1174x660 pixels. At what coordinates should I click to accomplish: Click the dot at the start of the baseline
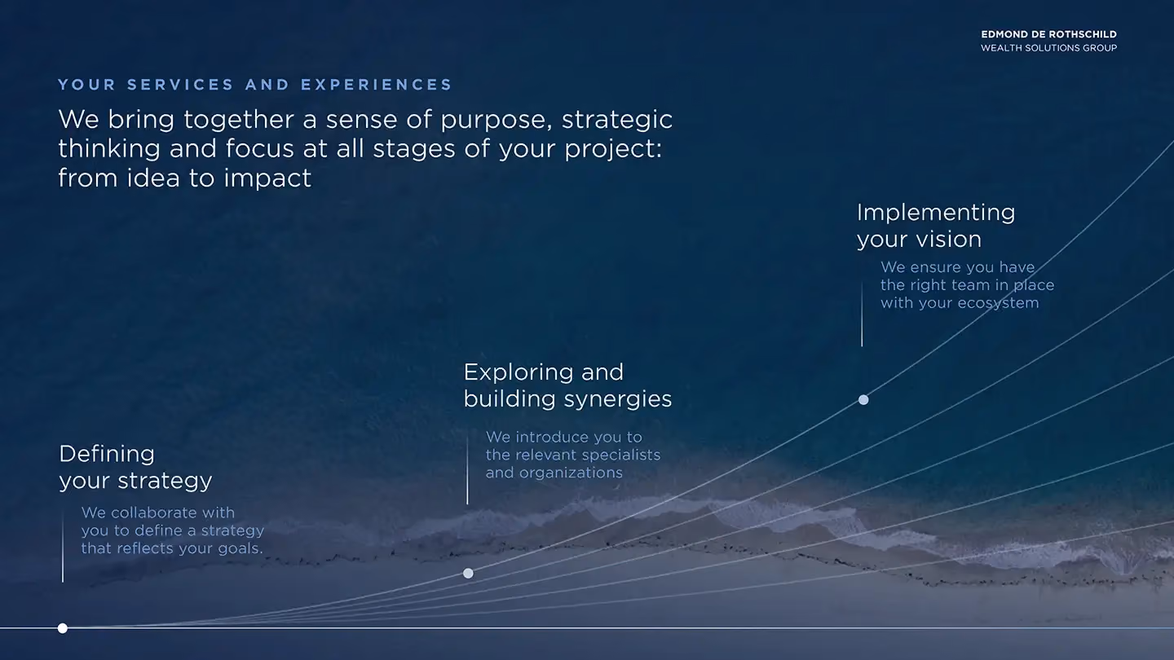tap(62, 628)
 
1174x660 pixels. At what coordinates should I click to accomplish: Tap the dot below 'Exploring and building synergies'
tap(468, 573)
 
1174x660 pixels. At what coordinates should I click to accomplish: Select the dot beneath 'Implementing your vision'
tap(863, 400)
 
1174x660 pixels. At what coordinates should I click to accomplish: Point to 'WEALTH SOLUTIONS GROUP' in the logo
tap(1048, 48)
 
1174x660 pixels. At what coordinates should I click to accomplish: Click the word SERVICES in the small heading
tap(180, 85)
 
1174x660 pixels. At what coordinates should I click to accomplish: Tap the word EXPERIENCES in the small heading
tap(376, 85)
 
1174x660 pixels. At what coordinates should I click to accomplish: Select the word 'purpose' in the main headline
tap(496, 121)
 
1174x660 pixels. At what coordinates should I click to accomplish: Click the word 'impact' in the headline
tap(267, 178)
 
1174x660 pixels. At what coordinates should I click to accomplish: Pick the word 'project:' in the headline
tap(613, 149)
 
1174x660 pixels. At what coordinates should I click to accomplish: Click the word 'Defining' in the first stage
tap(107, 454)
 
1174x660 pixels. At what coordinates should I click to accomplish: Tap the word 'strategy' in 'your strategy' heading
tap(165, 481)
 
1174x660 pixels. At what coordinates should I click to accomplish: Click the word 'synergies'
tap(618, 399)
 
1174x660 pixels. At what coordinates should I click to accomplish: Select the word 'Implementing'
tap(936, 213)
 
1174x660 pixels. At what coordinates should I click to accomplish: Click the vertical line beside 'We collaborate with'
tap(63, 546)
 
